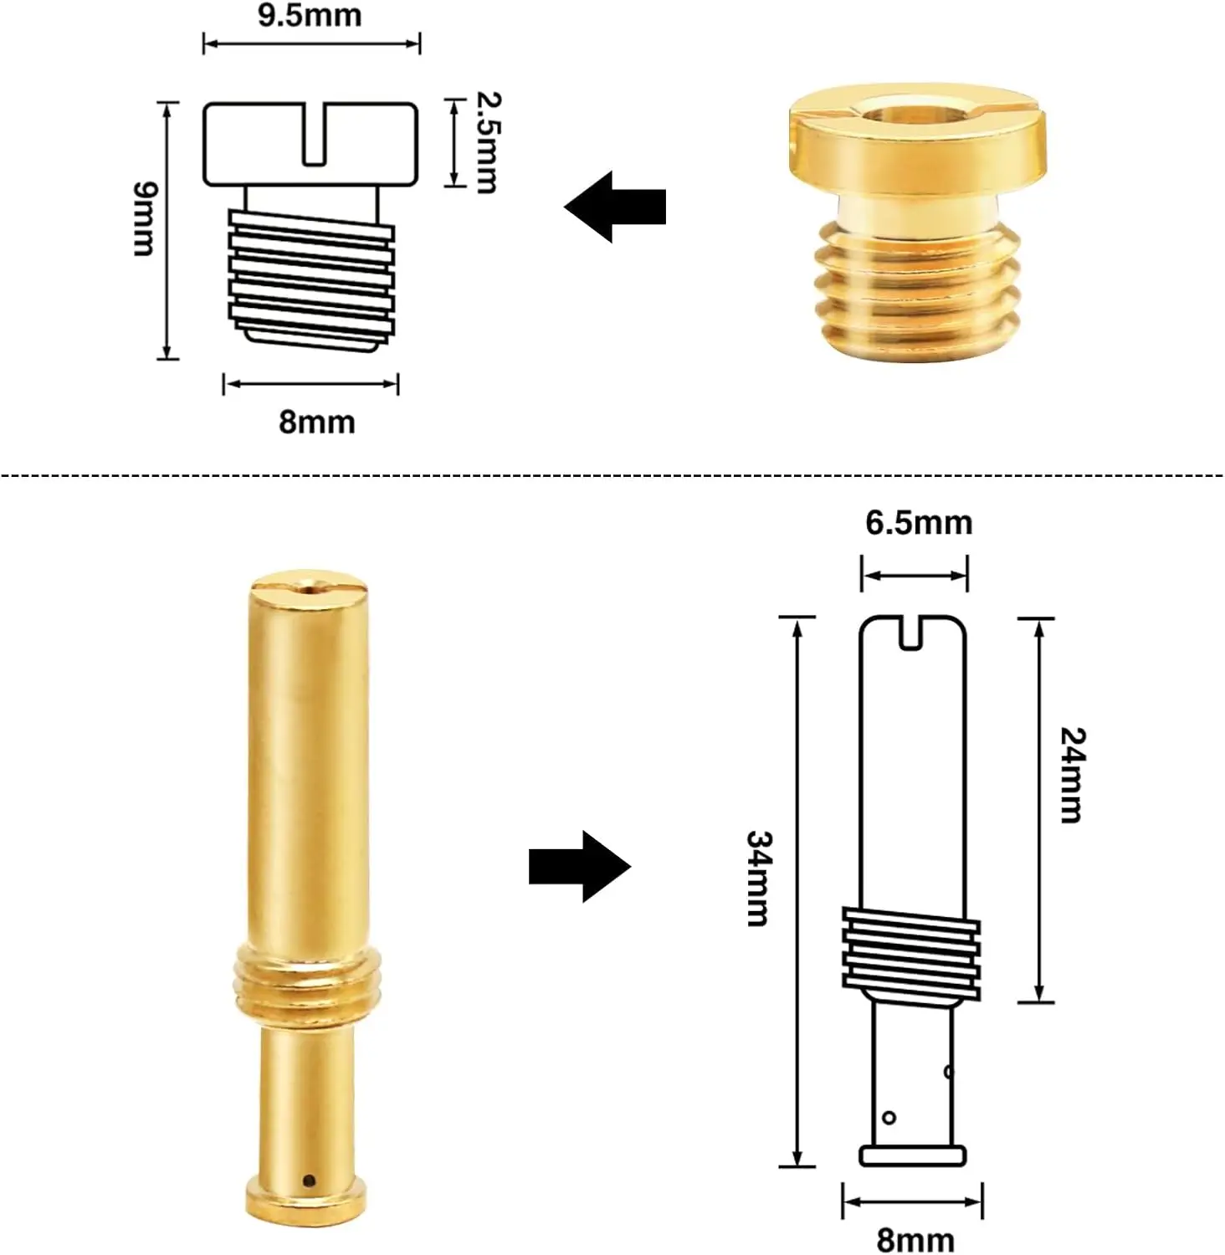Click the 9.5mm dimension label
310,15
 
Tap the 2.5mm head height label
485,142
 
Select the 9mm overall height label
145,219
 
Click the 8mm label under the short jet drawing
317,422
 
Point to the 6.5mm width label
919,523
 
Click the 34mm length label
759,878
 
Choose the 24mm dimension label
1073,776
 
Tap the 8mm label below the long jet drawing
915,1239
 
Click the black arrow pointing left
615,207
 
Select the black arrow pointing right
580,867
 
